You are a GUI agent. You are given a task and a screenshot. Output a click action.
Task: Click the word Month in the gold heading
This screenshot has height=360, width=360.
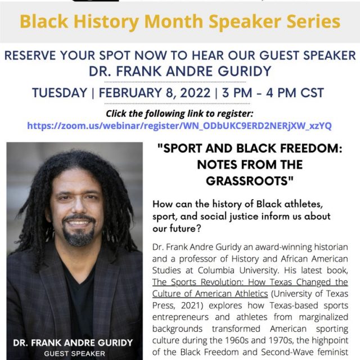coord(174,21)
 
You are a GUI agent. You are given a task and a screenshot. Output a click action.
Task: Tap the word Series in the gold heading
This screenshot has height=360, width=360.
coord(314,21)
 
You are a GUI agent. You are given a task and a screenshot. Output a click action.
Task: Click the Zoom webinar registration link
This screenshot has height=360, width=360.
coord(179,126)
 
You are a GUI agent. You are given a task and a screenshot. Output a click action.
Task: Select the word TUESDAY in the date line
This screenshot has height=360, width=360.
coord(60,93)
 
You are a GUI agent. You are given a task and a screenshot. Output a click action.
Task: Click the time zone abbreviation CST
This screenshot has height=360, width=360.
coord(312,93)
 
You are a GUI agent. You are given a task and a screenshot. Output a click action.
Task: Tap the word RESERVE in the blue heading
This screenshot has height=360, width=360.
coord(30,56)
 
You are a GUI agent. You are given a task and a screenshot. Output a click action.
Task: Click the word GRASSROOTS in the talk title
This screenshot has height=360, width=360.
coord(247,181)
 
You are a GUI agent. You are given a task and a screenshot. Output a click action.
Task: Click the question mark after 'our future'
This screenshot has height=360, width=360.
coord(199,228)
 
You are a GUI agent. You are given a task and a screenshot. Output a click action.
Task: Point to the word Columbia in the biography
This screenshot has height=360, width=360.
coord(216,271)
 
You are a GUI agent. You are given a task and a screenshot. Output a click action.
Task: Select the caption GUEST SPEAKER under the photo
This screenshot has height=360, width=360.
coord(75,354)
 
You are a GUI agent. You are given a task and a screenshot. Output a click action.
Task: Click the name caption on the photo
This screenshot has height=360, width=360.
coord(73,343)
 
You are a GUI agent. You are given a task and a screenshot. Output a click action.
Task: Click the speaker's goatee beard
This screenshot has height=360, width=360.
coord(79,235)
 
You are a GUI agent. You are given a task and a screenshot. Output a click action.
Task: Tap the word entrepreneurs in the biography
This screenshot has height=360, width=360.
coord(181,317)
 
